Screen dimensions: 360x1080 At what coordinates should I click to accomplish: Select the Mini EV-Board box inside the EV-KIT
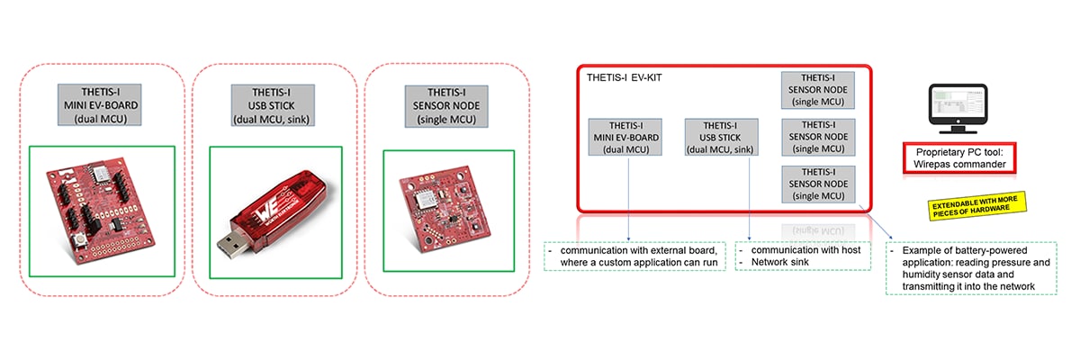tap(625, 137)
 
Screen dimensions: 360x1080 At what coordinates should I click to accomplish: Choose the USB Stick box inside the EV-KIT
tap(721, 137)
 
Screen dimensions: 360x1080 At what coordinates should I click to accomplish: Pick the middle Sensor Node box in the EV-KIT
tap(817, 136)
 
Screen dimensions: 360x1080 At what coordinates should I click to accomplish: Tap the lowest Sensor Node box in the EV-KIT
tap(817, 184)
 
